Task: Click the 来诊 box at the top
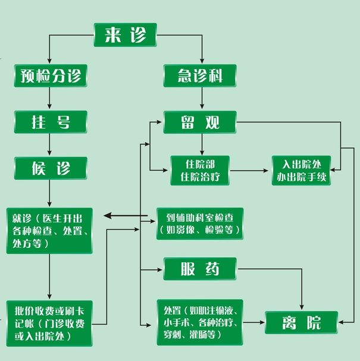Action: [125, 35]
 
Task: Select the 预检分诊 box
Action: [50, 76]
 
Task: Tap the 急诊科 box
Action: [201, 76]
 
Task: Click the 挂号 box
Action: [50, 122]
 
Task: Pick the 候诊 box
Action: [50, 168]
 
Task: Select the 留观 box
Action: [201, 122]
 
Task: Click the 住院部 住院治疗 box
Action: [200, 169]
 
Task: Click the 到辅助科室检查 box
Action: [199, 223]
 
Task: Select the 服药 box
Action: [200, 269]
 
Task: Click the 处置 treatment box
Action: [199, 322]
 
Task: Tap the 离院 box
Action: [301, 323]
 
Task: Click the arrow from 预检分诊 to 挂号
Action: [50, 99]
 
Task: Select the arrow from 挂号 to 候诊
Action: [50, 145]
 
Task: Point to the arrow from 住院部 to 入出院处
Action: [250, 170]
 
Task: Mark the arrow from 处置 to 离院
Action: [254, 323]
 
